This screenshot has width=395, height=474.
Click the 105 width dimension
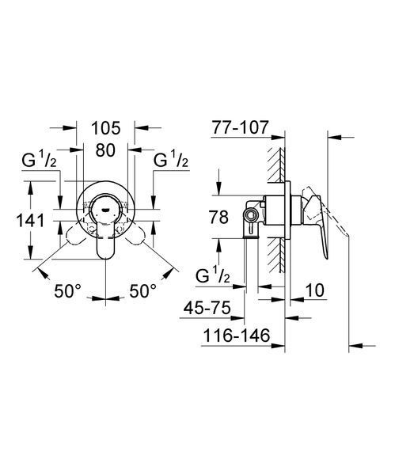click(x=106, y=128)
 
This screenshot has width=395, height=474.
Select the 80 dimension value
click(x=105, y=150)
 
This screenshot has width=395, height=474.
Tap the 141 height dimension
click(x=30, y=220)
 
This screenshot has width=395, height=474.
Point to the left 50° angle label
click(x=68, y=291)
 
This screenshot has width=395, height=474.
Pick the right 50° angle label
click(x=143, y=291)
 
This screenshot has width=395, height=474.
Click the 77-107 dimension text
click(x=240, y=127)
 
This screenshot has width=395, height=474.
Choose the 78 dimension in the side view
click(x=218, y=217)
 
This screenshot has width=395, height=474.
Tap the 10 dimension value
click(x=315, y=290)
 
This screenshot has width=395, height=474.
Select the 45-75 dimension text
click(x=207, y=309)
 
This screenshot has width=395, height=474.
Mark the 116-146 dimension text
click(x=236, y=336)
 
